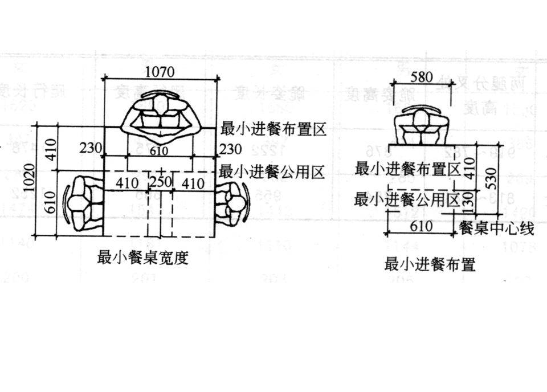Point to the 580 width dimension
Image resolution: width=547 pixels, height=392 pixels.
(x=422, y=77)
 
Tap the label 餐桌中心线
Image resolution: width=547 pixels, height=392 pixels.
(x=496, y=229)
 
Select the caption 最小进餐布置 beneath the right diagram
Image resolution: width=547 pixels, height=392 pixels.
(x=430, y=264)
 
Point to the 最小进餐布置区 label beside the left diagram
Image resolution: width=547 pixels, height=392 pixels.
(x=272, y=129)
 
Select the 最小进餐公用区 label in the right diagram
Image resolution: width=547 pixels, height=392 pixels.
(x=407, y=199)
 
